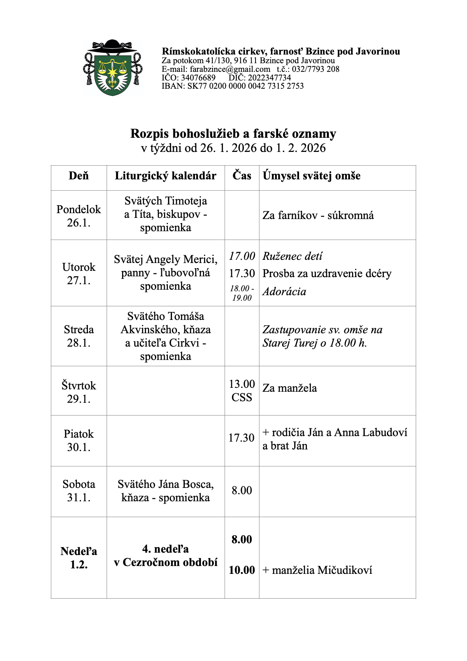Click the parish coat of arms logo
point(112,68)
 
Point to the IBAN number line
point(232,86)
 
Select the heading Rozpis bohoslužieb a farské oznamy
point(233,133)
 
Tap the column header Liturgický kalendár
point(165,176)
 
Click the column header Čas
point(242,175)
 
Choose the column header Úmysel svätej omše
point(312,176)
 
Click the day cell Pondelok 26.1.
point(78,216)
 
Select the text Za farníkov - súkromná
point(318,215)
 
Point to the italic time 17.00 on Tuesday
point(242,256)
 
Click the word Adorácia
point(284,292)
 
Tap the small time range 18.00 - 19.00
point(242,293)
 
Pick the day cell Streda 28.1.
point(78,336)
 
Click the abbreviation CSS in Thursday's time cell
point(242,398)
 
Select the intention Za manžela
point(290,388)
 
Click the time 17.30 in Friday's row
point(242,438)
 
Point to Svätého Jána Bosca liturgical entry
point(165,491)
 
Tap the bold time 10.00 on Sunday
point(242,570)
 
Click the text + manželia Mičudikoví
point(317,570)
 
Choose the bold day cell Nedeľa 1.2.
point(78,558)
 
